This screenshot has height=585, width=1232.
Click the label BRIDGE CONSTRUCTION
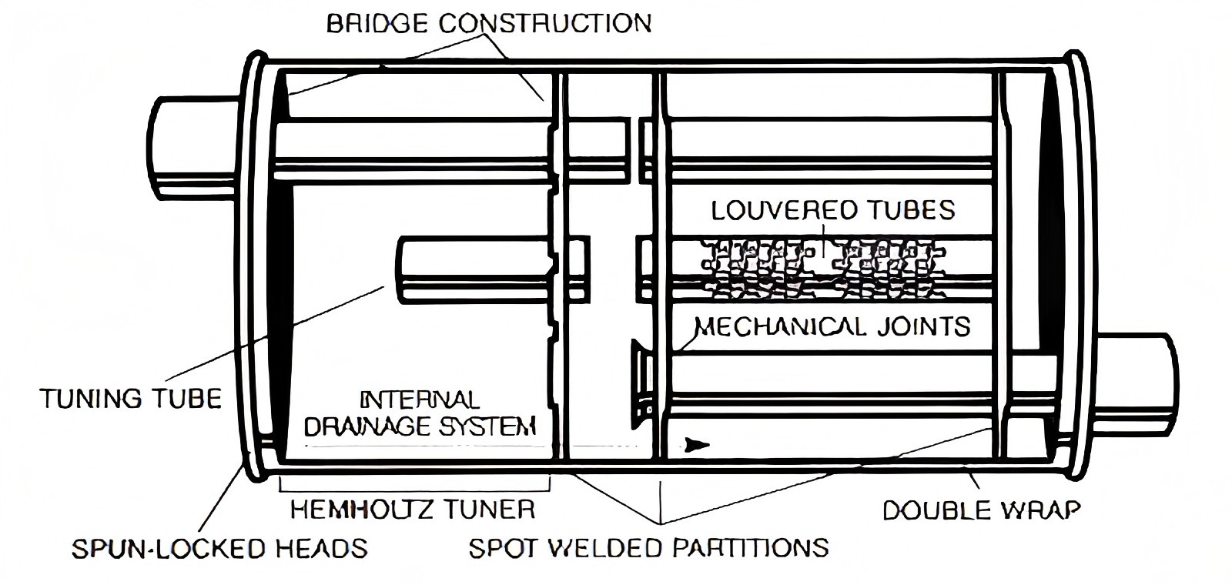[x=488, y=23]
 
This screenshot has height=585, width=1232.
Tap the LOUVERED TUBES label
[x=832, y=210]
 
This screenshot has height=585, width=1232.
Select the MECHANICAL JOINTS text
[x=832, y=326]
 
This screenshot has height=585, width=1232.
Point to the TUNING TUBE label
[x=130, y=398]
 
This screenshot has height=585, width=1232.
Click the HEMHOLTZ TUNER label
[x=412, y=509]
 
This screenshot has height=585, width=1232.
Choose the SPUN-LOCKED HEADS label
[x=219, y=548]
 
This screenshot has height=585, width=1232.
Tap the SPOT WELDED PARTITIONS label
[x=648, y=547]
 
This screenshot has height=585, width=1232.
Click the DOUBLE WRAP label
[x=981, y=510]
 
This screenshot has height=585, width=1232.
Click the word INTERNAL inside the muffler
[x=420, y=400]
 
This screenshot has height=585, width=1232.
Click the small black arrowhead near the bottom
[x=698, y=444]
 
